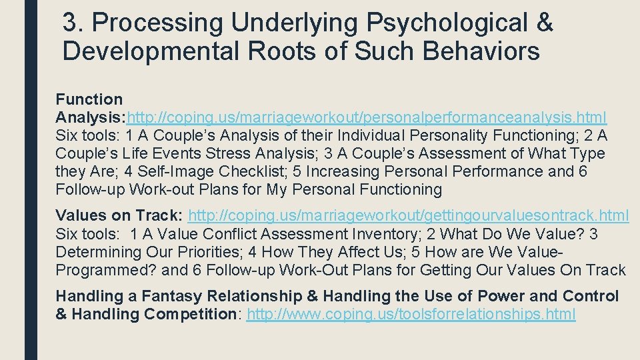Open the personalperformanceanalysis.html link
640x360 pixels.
point(367,118)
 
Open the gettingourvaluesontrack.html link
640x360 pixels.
point(408,216)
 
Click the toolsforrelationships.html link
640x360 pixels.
point(411,314)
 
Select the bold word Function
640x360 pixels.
point(89,100)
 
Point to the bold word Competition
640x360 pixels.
point(183,314)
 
